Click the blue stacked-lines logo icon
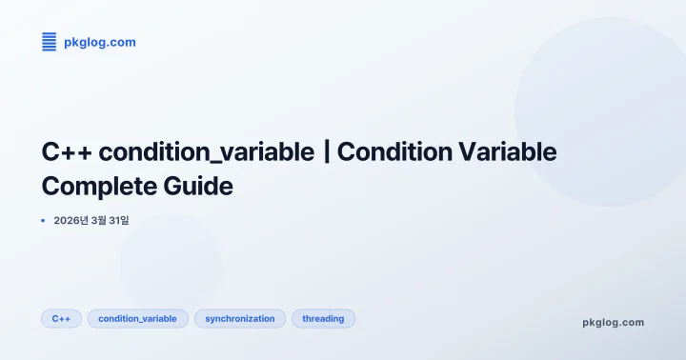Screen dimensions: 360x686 [50, 41]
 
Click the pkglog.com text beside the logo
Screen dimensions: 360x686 [99, 42]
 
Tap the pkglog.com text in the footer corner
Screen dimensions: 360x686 [613, 322]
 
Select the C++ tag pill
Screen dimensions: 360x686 [61, 318]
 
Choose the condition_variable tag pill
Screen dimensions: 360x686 [137, 318]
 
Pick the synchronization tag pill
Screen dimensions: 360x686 [240, 318]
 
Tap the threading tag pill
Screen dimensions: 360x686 [323, 318]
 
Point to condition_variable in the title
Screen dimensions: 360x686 [206, 152]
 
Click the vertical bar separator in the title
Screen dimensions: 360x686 [328, 152]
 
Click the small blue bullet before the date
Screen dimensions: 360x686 [43, 220]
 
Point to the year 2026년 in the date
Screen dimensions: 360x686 [72, 220]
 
